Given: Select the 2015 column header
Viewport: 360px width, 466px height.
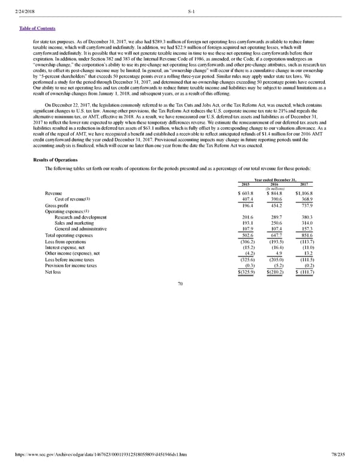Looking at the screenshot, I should pos(245,184).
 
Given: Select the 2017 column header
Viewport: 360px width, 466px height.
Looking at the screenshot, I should pos(307,184).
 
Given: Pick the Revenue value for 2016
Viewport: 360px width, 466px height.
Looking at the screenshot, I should pos(277,193).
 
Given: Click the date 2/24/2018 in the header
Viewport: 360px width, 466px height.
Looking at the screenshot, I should pos(26,5).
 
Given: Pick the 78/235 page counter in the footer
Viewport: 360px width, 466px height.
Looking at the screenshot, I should pos(343,461).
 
